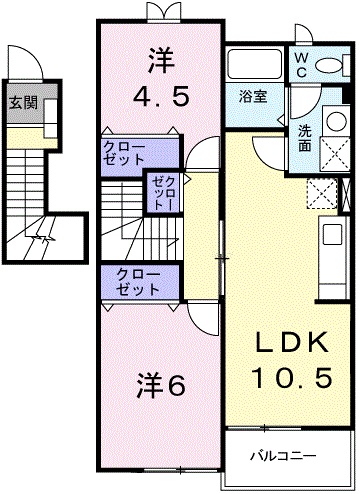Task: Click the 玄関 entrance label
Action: pyautogui.click(x=23, y=103)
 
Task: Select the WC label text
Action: pyautogui.click(x=301, y=66)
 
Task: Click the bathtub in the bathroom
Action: pyautogui.click(x=254, y=64)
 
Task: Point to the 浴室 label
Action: pyautogui.click(x=253, y=97)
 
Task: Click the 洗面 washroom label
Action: pyautogui.click(x=305, y=138)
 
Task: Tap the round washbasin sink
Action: pyautogui.click(x=336, y=121)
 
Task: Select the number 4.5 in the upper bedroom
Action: pyautogui.click(x=161, y=96)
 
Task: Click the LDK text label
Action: pyautogui.click(x=291, y=343)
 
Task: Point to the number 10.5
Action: pyautogui.click(x=292, y=377)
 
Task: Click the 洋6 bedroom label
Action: pyautogui.click(x=160, y=386)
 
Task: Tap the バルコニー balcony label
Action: pyautogui.click(x=283, y=456)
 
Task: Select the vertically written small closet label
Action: pyautogui.click(x=164, y=193)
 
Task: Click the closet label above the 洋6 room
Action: pyautogui.click(x=138, y=282)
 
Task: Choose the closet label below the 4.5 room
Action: pyautogui.click(x=124, y=153)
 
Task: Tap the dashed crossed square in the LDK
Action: pyautogui.click(x=322, y=193)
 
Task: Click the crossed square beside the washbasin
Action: pyautogui.click(x=335, y=154)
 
